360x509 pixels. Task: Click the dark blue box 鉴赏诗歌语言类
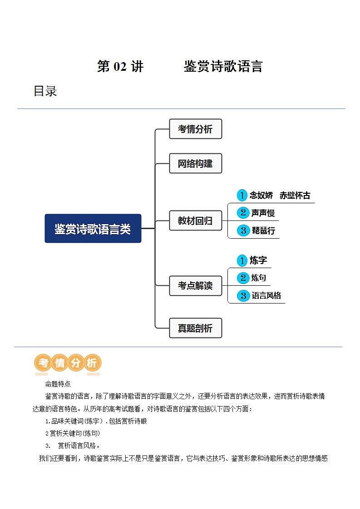[x=93, y=229]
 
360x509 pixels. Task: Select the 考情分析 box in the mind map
[x=195, y=129]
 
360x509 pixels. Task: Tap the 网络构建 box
[x=195, y=163]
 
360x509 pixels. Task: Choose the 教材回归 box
[x=195, y=221]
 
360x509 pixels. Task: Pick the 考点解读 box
[x=195, y=286]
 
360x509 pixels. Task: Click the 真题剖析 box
[x=195, y=328]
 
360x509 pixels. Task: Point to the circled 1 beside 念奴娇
[x=242, y=196]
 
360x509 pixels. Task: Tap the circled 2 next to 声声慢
[x=243, y=213]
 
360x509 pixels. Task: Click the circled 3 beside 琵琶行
[x=243, y=230]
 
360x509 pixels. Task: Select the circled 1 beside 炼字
[x=242, y=260]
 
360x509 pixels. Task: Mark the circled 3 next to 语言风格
[x=243, y=296]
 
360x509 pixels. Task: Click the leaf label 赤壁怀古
[x=295, y=196]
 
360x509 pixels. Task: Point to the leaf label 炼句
[x=259, y=278]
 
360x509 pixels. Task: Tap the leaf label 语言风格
[x=266, y=296]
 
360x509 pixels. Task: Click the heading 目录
[x=45, y=91]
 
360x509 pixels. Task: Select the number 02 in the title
[x=119, y=67]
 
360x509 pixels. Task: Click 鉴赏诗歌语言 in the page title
[x=223, y=67]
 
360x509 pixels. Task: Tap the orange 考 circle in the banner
[x=44, y=363]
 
